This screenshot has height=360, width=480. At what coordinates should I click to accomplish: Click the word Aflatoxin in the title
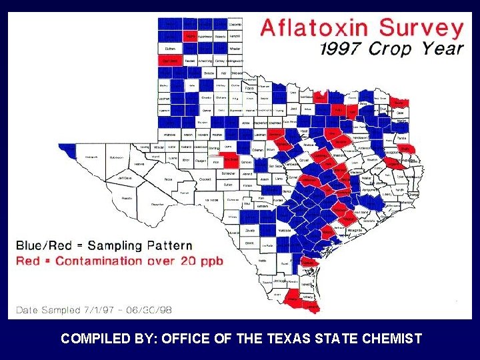coord(315,29)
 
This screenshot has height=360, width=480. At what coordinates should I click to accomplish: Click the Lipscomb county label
coord(235,25)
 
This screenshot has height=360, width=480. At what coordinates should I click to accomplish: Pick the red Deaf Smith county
coord(169,61)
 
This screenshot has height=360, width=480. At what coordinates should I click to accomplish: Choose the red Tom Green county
coord(230,160)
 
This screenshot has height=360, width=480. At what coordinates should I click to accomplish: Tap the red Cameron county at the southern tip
coord(309,307)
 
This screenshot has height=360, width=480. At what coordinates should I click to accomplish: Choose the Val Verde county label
coord(211,199)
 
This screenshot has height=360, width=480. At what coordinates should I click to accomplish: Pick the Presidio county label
coord(127,198)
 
